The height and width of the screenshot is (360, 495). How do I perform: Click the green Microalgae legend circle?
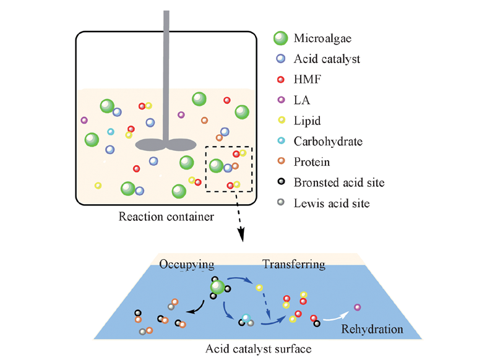pos(281,38)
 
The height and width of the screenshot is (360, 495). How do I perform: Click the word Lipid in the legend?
pos(308,121)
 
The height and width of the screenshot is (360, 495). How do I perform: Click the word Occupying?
pos(187,265)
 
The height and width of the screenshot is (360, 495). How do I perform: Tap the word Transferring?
pos(294,265)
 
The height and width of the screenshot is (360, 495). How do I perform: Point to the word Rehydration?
pos(372,329)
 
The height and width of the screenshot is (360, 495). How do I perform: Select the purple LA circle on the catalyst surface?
pos(358,307)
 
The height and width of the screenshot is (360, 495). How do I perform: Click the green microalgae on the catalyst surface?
pos(217,287)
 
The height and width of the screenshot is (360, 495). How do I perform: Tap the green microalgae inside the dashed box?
pos(216,166)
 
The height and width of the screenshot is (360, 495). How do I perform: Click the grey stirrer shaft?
pos(166,74)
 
